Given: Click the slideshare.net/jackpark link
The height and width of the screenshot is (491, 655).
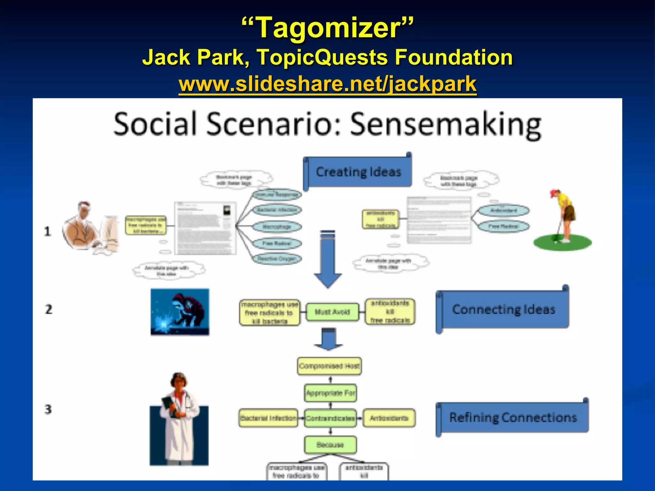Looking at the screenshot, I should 327,84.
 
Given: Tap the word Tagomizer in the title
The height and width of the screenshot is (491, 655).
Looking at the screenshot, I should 327,28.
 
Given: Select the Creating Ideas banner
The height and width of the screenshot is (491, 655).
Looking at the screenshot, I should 358,172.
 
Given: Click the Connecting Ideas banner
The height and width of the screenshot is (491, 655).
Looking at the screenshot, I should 503,309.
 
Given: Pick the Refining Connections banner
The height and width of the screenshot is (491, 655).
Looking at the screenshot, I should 513,417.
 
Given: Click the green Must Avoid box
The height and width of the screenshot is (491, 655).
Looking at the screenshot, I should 332,312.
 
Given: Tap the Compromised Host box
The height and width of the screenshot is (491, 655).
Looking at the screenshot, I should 329,366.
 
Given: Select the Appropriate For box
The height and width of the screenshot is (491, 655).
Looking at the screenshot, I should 330,393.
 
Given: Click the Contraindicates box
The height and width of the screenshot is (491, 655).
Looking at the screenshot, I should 330,418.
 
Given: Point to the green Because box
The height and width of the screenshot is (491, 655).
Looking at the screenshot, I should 330,445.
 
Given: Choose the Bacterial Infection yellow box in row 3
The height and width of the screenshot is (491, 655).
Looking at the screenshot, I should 268,418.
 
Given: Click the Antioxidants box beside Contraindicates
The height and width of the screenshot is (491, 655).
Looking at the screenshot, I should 389,418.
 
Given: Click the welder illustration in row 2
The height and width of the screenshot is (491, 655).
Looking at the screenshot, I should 180,312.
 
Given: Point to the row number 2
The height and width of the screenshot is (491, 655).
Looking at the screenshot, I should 49,309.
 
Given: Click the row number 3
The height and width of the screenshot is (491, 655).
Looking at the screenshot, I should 48,409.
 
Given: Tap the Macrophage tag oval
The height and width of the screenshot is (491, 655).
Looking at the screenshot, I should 277,227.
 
